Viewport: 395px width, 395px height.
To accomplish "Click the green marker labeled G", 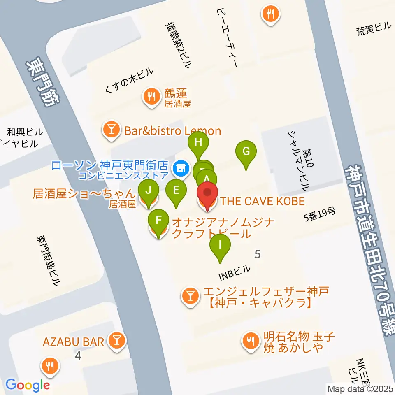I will tap(246, 151).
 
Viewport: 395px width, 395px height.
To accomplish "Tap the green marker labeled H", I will tap(198, 143).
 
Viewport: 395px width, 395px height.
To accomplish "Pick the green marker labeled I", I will tap(220, 246).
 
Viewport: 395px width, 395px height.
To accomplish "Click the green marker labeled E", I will tap(176, 190).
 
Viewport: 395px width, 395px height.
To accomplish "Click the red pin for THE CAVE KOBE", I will tap(207, 193).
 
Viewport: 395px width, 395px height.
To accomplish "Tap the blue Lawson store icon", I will tap(180, 167).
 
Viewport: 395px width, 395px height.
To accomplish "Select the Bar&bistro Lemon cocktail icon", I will tap(111, 131).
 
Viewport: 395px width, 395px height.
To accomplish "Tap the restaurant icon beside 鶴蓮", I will tap(151, 97).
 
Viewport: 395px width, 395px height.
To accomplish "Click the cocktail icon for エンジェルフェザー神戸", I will tap(190, 295).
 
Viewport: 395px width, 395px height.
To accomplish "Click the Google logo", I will tap(28, 385).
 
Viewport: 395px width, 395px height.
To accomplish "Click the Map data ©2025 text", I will tap(360, 388).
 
